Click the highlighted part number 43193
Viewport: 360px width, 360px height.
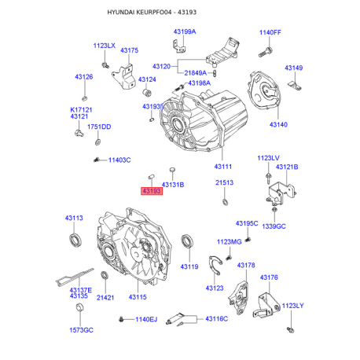pyautogui.click(x=151, y=191)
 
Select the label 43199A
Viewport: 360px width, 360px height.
pyautogui.click(x=185, y=31)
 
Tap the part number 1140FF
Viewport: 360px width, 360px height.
pyautogui.click(x=270, y=32)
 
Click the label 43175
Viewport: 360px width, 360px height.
pyautogui.click(x=129, y=50)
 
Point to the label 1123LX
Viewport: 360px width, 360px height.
pyautogui.click(x=104, y=46)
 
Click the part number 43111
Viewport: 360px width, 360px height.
pyautogui.click(x=223, y=167)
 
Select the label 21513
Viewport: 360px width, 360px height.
pyautogui.click(x=225, y=182)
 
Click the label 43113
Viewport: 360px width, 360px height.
pyautogui.click(x=75, y=218)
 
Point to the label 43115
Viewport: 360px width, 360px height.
pyautogui.click(x=138, y=297)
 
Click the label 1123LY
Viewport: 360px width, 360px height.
pyautogui.click(x=292, y=306)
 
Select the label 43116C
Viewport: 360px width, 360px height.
pyautogui.click(x=216, y=318)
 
